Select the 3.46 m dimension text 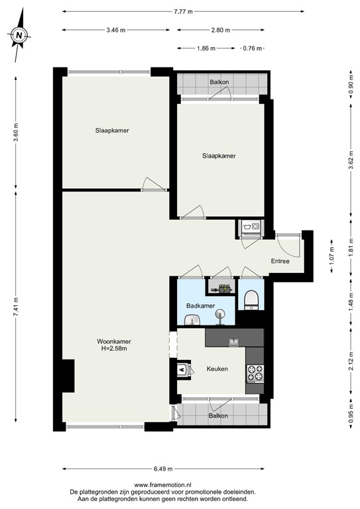click(x=115, y=30)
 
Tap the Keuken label click(x=217, y=369)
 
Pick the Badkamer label click(x=200, y=306)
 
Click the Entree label click(x=280, y=261)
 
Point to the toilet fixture click(x=251, y=301)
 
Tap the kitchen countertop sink click(x=233, y=343)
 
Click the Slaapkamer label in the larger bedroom click(x=111, y=131)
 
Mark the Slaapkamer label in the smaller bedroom click(x=219, y=156)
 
